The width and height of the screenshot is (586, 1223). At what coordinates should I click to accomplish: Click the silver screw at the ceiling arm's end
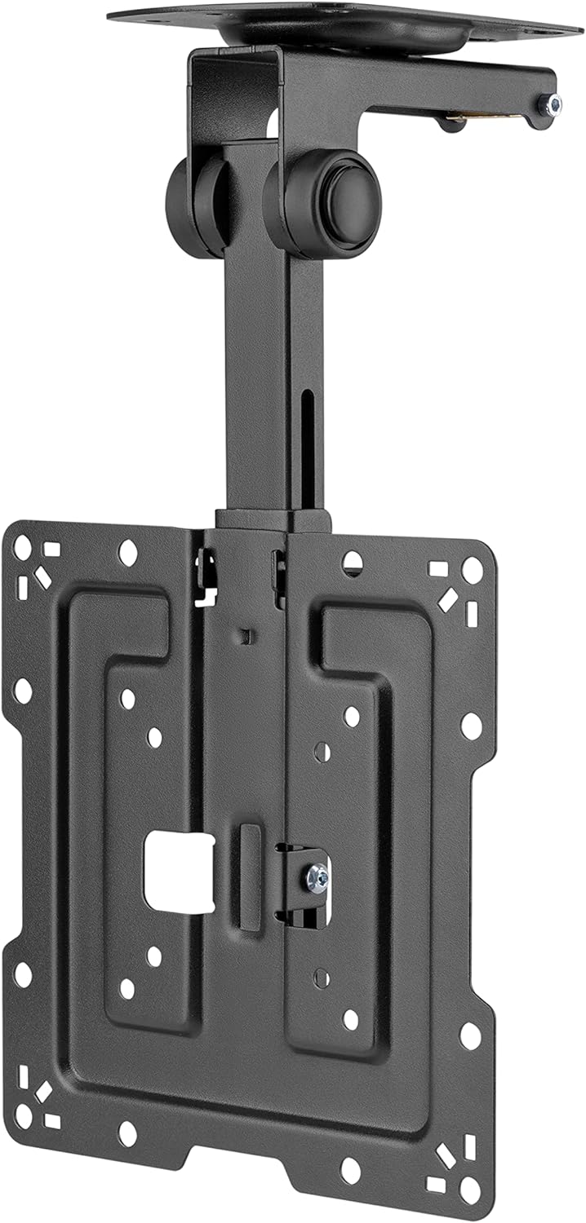coord(555,104)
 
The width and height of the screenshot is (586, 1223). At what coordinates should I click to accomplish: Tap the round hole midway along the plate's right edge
coord(471,724)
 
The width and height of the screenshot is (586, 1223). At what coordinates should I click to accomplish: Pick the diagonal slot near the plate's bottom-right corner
coord(447,1157)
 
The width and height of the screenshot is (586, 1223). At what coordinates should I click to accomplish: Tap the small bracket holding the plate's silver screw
coord(306,885)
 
